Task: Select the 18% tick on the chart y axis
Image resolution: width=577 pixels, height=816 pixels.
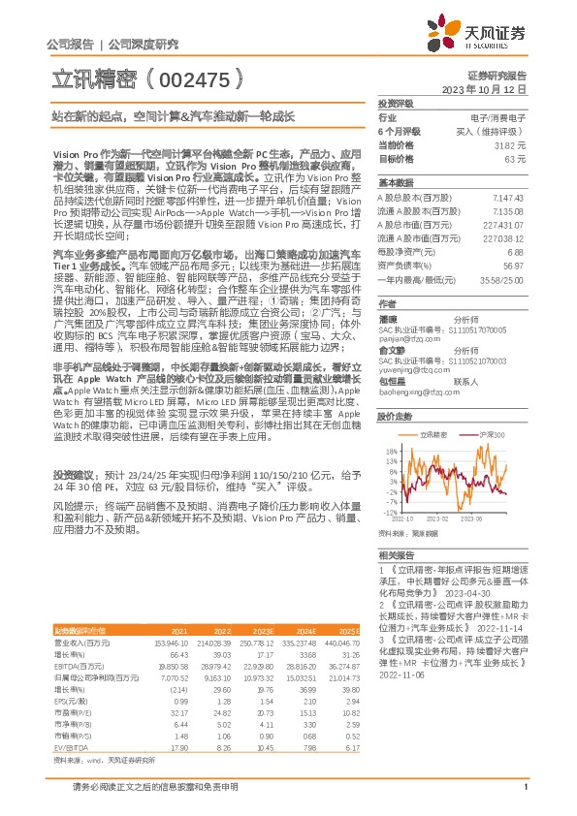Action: coord(389,451)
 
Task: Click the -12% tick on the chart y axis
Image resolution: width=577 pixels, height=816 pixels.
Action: coord(388,512)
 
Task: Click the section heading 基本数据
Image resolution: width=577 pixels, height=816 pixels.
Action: coord(396,182)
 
